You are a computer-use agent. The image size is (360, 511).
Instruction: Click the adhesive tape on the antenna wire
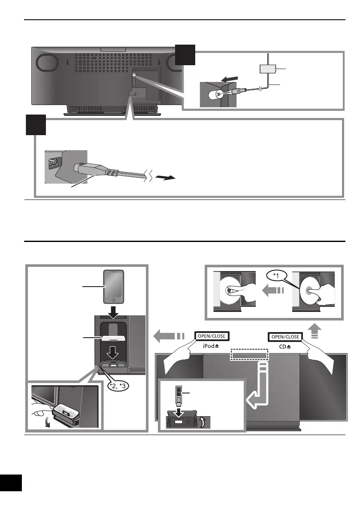tap(268, 68)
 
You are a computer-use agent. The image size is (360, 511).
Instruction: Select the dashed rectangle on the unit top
tap(249, 354)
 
